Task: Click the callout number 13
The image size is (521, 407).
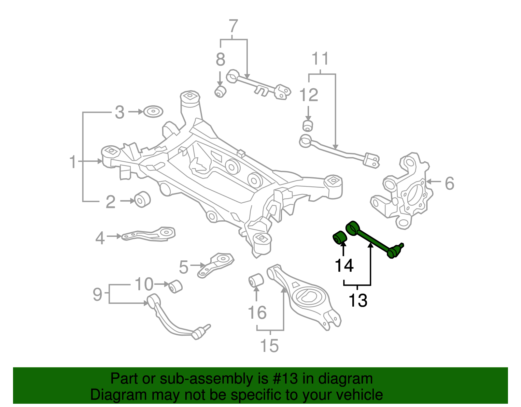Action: pyautogui.click(x=358, y=300)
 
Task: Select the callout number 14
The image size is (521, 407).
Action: pyautogui.click(x=344, y=266)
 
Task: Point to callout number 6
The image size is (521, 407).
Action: pyautogui.click(x=449, y=183)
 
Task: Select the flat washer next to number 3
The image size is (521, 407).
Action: pyautogui.click(x=153, y=111)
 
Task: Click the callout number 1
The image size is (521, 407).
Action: pyautogui.click(x=73, y=162)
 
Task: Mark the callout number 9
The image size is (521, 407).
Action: pyautogui.click(x=97, y=294)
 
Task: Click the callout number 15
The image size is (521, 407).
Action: pyautogui.click(x=269, y=345)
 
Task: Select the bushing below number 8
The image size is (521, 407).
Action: pyautogui.click(x=220, y=91)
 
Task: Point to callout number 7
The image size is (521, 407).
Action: pyautogui.click(x=233, y=26)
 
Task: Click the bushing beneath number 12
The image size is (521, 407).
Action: pyautogui.click(x=307, y=126)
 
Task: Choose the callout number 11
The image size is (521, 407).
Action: pyautogui.click(x=320, y=59)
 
